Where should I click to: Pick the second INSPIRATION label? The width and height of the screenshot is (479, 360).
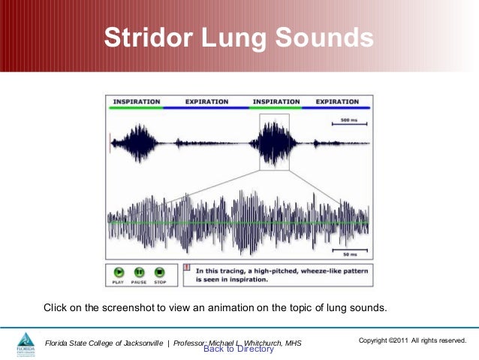[x=276, y=101]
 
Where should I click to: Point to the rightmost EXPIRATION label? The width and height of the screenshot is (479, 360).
[x=337, y=101]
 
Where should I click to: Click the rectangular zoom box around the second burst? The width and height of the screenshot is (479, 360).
[x=274, y=141]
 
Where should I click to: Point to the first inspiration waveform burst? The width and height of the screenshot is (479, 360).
[x=136, y=142]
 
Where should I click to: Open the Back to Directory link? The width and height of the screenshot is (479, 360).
[x=239, y=349]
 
